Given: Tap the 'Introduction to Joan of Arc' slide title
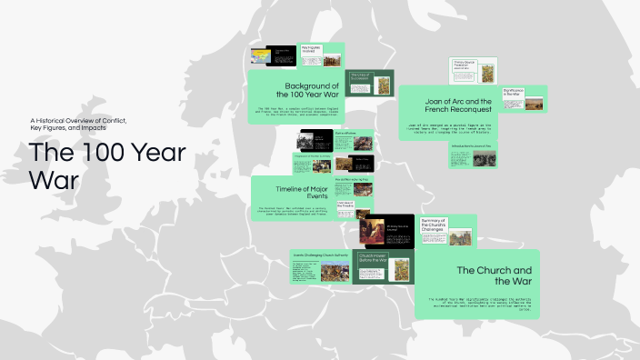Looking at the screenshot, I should [473, 145].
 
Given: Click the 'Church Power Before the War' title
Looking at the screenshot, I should [374, 257].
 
